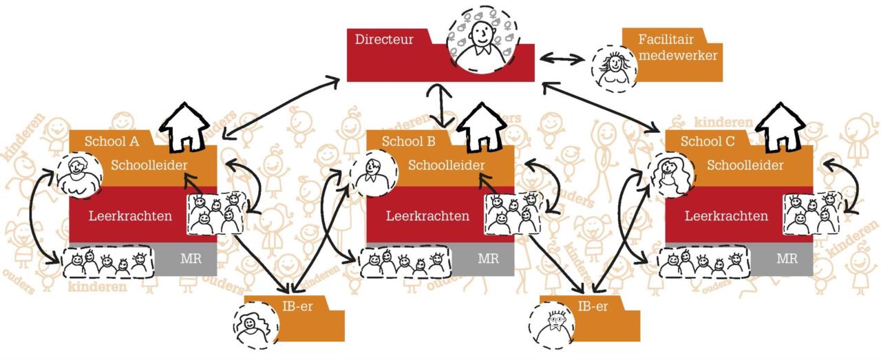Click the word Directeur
pos(384,39)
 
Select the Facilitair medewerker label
pos(677,47)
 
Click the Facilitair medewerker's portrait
pos(612,67)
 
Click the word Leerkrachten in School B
pos(427,215)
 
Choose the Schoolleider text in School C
pos(745,165)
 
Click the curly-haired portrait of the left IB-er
pos(253,319)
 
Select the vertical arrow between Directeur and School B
pos(440,106)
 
